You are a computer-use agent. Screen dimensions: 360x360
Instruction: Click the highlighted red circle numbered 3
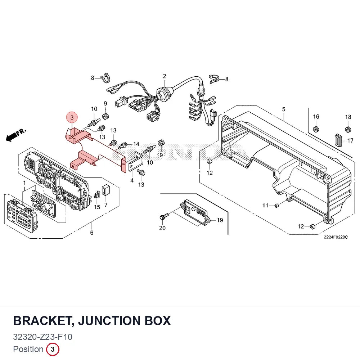(72, 117)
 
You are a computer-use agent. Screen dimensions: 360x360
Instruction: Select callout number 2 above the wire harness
(165, 76)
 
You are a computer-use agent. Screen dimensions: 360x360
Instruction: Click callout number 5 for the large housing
(284, 109)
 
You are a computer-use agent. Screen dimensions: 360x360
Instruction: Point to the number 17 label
(350, 140)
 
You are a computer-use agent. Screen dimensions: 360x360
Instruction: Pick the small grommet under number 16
(316, 130)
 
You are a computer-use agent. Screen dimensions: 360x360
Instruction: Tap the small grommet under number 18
(348, 130)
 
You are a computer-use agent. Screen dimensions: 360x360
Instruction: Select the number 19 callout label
(220, 220)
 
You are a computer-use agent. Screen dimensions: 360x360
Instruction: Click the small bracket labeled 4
(135, 162)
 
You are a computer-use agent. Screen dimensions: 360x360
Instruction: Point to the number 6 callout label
(91, 233)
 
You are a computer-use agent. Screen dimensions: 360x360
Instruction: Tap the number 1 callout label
(24, 183)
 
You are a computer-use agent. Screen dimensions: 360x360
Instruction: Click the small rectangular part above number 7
(105, 189)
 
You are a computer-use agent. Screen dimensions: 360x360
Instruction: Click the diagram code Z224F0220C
(336, 237)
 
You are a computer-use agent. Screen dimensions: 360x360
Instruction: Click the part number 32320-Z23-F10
(43, 337)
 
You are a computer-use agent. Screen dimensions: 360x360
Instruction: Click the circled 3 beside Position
(53, 349)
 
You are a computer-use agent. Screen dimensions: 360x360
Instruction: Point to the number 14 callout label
(136, 144)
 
